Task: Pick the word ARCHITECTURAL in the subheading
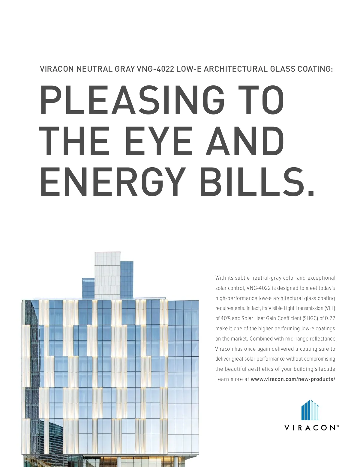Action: click(x=235, y=69)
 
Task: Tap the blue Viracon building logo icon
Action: click(x=310, y=410)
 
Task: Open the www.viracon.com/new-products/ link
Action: click(x=293, y=379)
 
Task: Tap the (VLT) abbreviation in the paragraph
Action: click(x=330, y=308)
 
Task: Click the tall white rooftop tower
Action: click(x=107, y=274)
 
